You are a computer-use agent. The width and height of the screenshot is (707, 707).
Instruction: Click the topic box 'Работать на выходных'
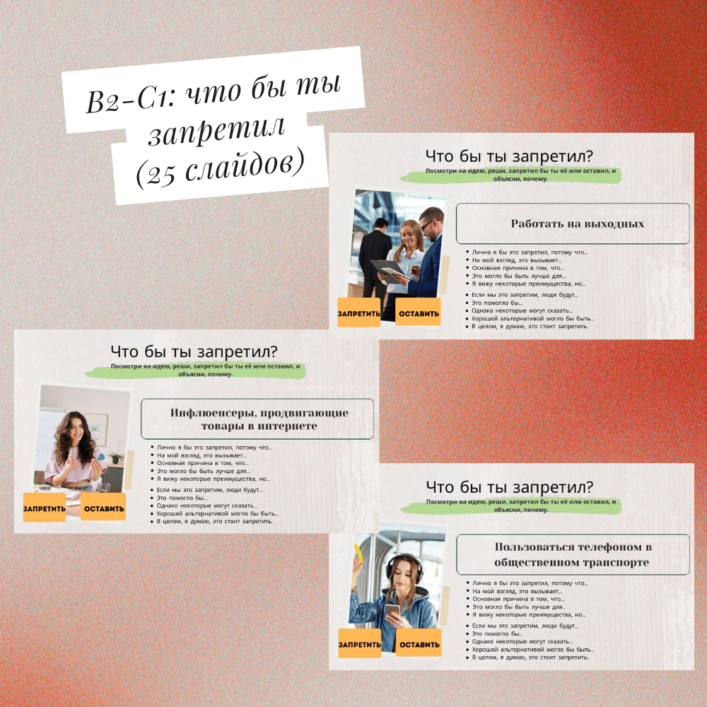tap(573, 223)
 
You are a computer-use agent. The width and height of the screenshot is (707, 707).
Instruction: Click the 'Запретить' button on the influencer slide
tap(44, 508)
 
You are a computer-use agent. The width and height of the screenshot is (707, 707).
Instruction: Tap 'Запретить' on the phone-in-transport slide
tap(359, 643)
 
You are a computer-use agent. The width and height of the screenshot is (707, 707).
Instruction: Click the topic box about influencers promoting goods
tap(257, 419)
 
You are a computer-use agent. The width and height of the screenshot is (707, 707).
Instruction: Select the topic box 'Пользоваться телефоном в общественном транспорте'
tap(573, 554)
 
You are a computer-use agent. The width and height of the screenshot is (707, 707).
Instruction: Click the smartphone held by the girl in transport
tap(392, 612)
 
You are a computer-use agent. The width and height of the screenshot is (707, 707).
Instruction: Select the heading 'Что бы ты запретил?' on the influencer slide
tap(194, 351)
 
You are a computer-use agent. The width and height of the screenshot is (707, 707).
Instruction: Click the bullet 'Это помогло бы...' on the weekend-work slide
tap(497, 303)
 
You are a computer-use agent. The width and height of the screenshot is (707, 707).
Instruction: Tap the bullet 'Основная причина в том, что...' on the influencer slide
tap(202, 463)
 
